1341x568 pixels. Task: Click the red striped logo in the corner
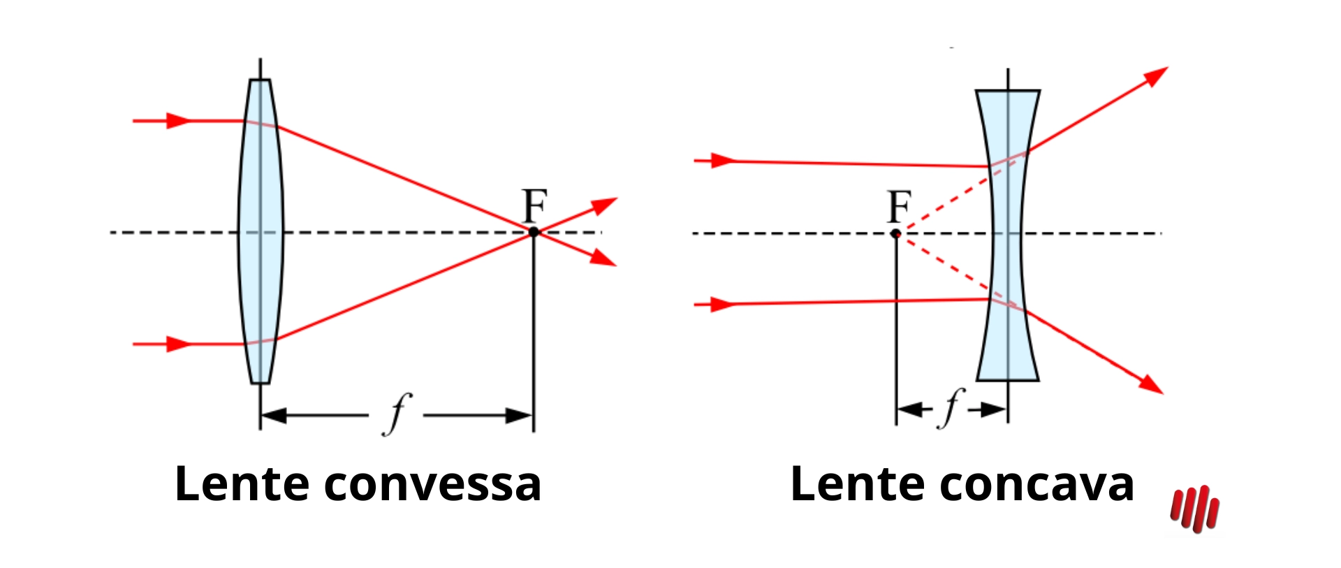(1195, 509)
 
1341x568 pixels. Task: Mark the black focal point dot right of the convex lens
(534, 232)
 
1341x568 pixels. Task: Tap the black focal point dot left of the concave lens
(895, 233)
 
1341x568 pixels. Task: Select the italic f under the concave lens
(951, 407)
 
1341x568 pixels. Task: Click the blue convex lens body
(261, 231)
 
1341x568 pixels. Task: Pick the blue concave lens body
(1008, 235)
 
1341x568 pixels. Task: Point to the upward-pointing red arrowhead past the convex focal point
(604, 205)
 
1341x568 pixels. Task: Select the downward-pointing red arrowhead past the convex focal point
(603, 257)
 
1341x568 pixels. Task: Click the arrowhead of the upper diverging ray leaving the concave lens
(1155, 75)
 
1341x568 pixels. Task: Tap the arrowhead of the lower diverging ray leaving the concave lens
(1150, 385)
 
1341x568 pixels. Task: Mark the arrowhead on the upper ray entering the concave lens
(724, 161)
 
